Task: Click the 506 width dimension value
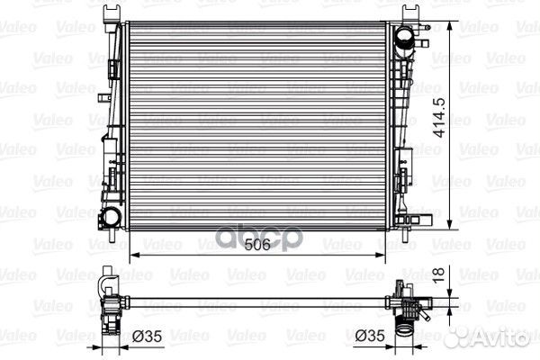(257, 244)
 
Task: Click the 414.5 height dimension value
(439, 118)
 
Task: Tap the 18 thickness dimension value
(439, 275)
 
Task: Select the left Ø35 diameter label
(147, 336)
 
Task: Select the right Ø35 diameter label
(370, 336)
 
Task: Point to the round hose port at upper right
(403, 34)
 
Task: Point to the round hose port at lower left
(112, 217)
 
